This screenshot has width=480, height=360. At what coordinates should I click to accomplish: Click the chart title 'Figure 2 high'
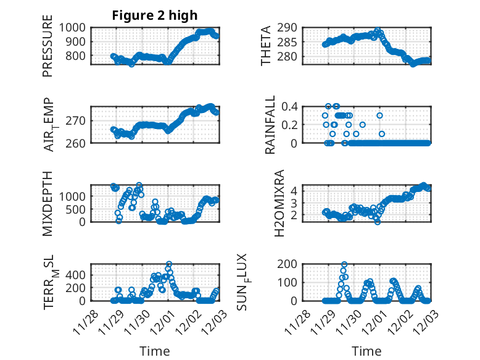(x=154, y=15)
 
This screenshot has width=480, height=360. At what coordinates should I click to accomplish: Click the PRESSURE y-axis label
(x=48, y=50)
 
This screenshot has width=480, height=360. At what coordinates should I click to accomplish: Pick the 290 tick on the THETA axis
(x=292, y=27)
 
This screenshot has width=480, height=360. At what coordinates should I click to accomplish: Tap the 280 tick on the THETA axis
(x=292, y=56)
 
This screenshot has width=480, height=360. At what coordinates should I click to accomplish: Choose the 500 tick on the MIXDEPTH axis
(x=80, y=209)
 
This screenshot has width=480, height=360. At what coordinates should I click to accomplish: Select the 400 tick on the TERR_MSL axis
(x=80, y=274)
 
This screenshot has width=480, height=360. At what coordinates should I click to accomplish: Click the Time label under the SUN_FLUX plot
(x=366, y=351)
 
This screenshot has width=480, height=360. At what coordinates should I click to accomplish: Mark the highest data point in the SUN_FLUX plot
(x=344, y=265)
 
